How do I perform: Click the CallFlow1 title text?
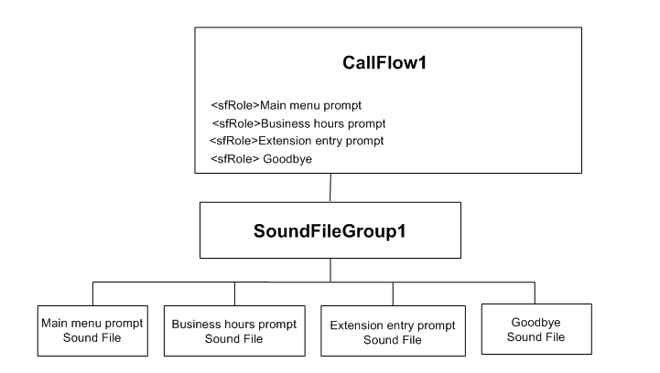point(387,67)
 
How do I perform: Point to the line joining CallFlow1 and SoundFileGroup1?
point(330,186)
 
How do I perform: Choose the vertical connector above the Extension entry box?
point(394,293)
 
